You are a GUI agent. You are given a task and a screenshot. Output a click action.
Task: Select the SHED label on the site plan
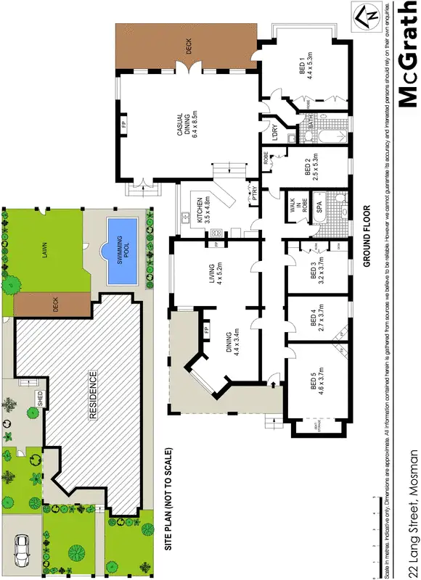click(x=38, y=398)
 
